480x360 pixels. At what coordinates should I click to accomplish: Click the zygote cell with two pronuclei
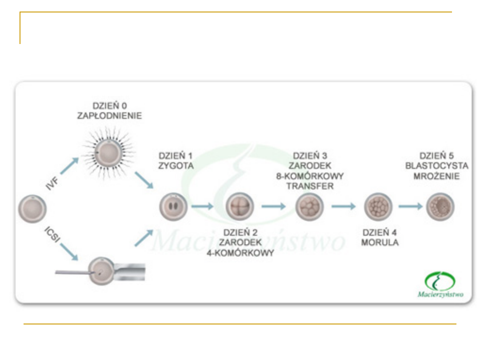[x=174, y=206]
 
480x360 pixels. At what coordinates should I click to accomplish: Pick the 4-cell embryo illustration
[x=240, y=207]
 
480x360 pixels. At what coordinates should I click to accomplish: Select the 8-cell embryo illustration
[x=309, y=207]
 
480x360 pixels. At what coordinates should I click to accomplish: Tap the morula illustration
[x=378, y=207]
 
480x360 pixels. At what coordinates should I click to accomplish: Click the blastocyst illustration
[x=440, y=207]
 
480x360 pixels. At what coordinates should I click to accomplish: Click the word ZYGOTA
[x=176, y=166]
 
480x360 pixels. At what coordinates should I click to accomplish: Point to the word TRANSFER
[x=310, y=186]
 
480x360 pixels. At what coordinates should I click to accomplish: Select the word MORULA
[x=380, y=243]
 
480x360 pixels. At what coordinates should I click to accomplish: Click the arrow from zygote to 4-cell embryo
[x=203, y=207]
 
